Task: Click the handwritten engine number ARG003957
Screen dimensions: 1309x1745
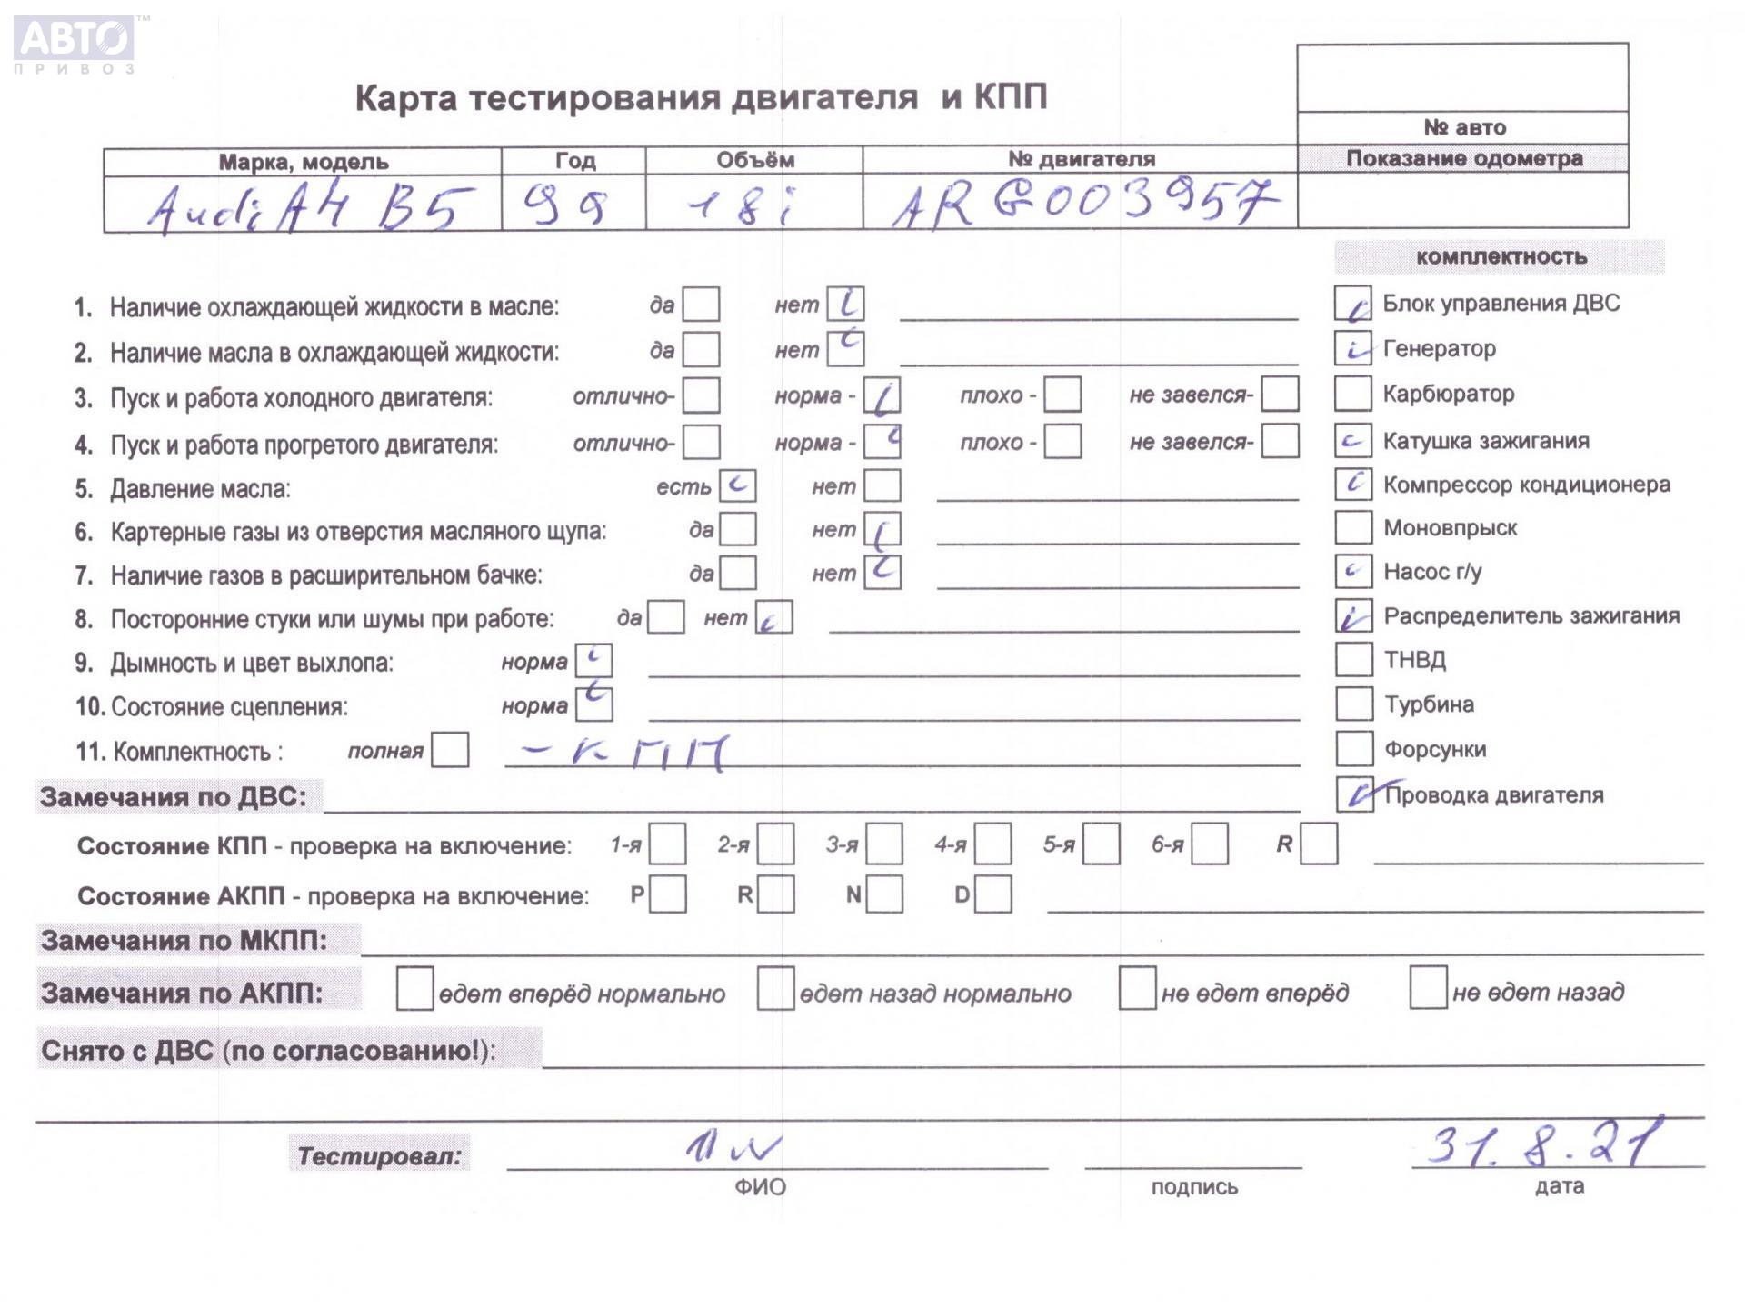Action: (x=1082, y=204)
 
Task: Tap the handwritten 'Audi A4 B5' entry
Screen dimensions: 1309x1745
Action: (x=309, y=208)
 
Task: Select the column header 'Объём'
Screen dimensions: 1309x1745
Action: (x=754, y=161)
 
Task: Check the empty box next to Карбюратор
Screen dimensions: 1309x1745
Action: (x=1352, y=394)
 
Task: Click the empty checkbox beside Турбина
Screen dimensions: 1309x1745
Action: (x=1353, y=704)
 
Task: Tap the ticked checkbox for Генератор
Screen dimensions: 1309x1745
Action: (x=1352, y=348)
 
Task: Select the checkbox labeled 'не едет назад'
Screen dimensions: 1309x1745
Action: (x=1428, y=988)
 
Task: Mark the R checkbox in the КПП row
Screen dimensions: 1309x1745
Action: (x=1319, y=844)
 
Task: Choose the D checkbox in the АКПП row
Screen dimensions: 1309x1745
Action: (x=993, y=894)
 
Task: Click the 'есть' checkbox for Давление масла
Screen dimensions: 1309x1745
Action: (x=737, y=485)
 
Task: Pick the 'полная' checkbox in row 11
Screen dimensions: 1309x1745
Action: (x=450, y=751)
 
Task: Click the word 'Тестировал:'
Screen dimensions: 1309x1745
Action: (x=380, y=1155)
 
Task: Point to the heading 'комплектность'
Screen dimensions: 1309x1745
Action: (x=1501, y=257)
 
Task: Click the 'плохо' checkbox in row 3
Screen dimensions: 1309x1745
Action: (x=1062, y=395)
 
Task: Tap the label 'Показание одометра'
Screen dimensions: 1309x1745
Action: (x=1463, y=158)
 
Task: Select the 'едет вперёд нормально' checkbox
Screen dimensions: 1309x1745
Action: (x=414, y=989)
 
